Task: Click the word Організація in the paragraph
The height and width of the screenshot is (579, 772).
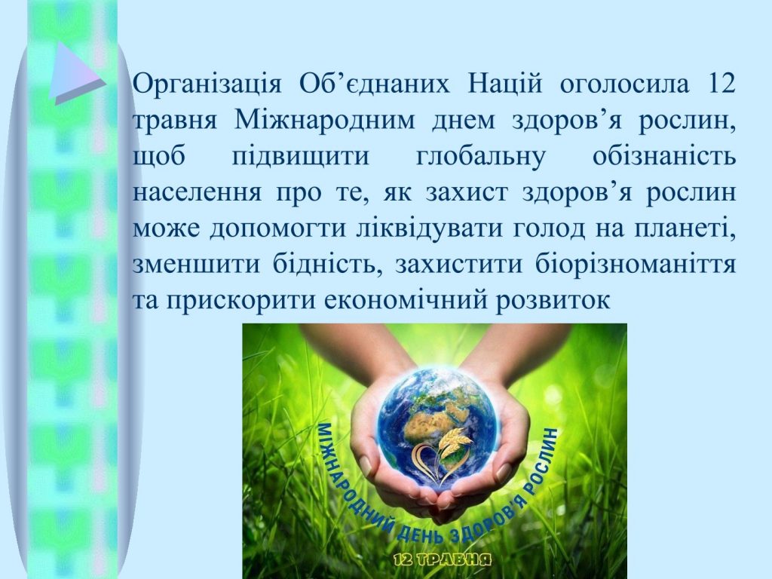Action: [207, 84]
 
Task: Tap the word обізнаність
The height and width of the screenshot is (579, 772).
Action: [664, 156]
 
